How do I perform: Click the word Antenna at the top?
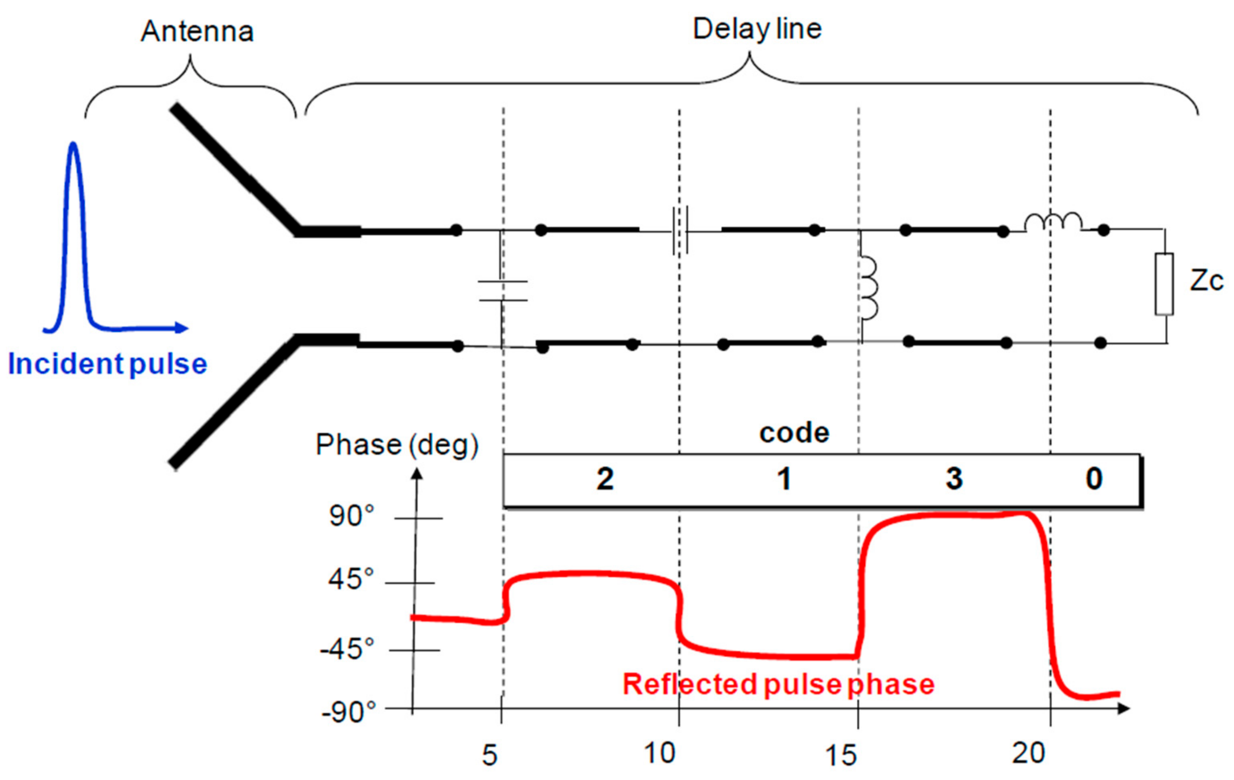(x=197, y=32)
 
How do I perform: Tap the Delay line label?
(x=757, y=29)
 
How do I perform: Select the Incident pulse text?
(x=108, y=364)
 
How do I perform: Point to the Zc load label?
(x=1206, y=281)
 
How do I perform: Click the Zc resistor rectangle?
(x=1164, y=284)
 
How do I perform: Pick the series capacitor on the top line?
(x=680, y=230)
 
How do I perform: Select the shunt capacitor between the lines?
(x=502, y=291)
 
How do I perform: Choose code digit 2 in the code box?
(x=605, y=479)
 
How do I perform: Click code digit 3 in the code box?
(x=954, y=479)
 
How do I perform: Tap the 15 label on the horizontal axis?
(x=841, y=755)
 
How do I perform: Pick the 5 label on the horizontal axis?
(x=490, y=755)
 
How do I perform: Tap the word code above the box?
(x=794, y=434)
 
